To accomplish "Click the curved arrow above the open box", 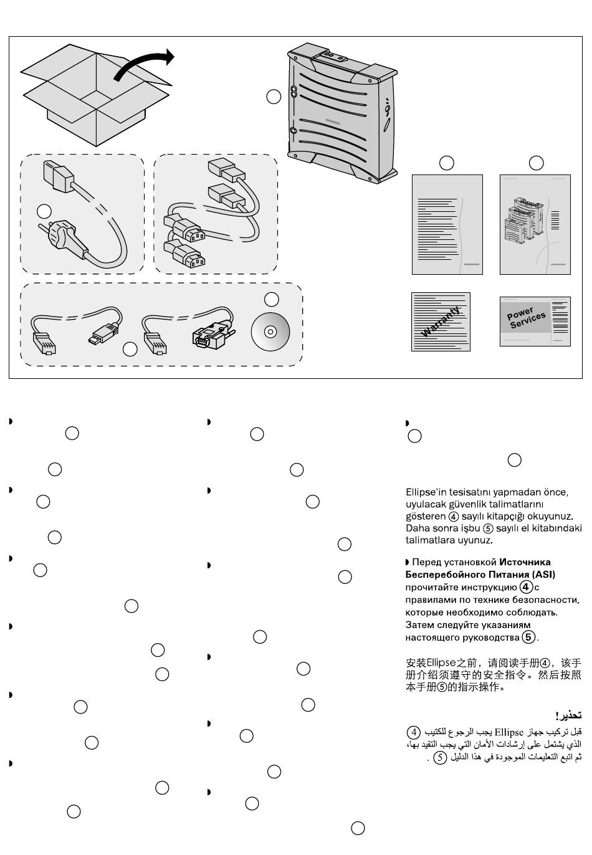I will point(145,65).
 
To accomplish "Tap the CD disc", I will point(270,331).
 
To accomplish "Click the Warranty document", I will point(441,322).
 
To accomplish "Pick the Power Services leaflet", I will point(535,321).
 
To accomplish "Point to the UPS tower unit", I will point(341,115).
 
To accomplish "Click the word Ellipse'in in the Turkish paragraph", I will point(426,492).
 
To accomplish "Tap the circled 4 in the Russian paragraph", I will point(527,587).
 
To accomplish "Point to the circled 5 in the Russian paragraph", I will point(528,637).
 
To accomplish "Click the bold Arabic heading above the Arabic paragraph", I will point(568,715).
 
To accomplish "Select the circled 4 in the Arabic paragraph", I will point(413,732).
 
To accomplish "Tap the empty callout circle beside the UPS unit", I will point(274,97).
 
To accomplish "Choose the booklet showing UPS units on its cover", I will point(535,224).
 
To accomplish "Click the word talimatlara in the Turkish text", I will point(431,540).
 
